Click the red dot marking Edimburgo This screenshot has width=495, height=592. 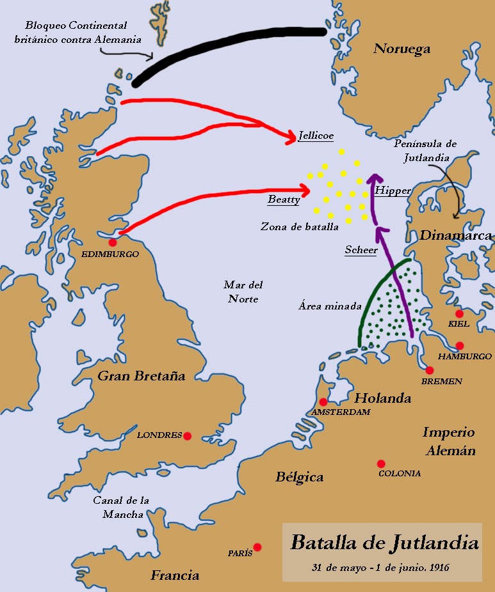point(113,242)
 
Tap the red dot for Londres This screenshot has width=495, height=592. point(188,436)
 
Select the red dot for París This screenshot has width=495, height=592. point(257,547)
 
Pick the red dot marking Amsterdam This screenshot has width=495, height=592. point(323,402)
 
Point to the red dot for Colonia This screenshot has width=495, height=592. point(381,463)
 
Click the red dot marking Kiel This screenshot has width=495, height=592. point(459,314)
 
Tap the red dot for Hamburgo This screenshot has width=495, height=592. point(459,346)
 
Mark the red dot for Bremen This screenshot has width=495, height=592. point(429,370)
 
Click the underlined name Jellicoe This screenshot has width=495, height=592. point(316,136)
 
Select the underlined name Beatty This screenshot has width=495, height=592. point(284,199)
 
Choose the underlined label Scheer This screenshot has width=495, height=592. point(361,250)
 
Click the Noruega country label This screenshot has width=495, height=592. point(402,49)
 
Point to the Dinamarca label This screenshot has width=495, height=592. point(455,235)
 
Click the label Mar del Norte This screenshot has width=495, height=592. point(243,292)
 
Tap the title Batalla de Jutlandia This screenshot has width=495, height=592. point(384,543)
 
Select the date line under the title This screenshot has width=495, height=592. point(380,567)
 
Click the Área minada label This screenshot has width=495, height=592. point(330,306)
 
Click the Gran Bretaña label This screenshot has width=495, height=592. point(141,376)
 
